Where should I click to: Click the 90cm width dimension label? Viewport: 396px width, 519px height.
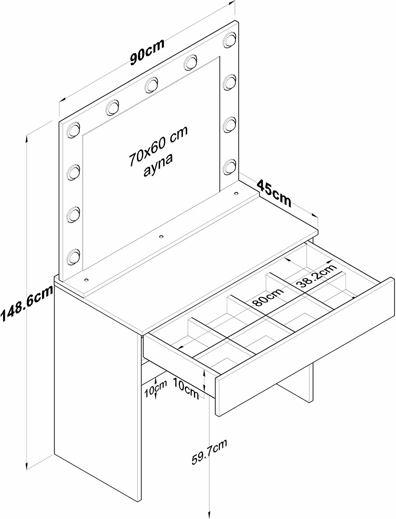coord(147,52)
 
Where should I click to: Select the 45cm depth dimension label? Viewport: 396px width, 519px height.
coord(274,192)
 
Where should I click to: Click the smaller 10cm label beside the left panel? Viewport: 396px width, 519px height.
coord(156,388)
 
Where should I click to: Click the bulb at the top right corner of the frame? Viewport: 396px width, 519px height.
coord(229,39)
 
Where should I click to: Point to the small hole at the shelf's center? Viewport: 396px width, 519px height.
coord(161,237)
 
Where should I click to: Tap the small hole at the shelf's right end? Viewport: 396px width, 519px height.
coord(236,193)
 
